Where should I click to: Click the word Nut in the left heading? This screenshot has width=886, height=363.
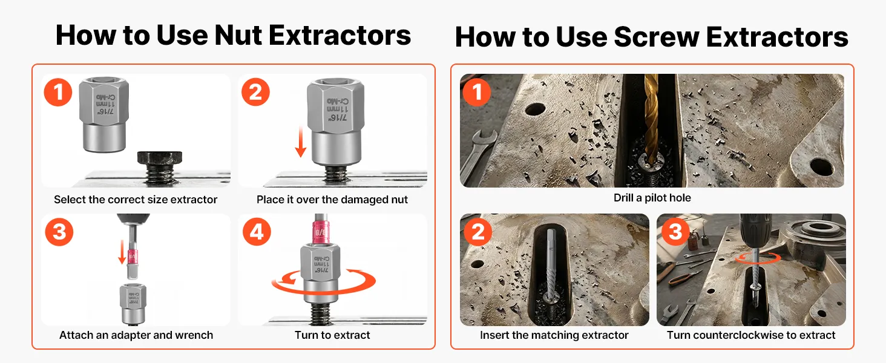click(238, 35)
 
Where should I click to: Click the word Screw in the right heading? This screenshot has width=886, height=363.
click(657, 37)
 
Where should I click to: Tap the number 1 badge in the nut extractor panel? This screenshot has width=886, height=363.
click(58, 92)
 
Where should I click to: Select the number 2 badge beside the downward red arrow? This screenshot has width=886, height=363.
click(255, 92)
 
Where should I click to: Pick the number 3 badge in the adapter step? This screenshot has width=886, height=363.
click(59, 232)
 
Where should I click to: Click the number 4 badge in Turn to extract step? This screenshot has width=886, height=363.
click(257, 232)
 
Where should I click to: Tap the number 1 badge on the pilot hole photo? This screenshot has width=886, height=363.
click(477, 92)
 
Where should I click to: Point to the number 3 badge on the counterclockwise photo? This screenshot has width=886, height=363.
click(675, 231)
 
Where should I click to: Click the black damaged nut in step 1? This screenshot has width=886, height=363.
click(159, 159)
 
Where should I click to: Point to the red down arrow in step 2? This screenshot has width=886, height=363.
click(301, 142)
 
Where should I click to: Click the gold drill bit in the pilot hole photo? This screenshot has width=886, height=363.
click(651, 119)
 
